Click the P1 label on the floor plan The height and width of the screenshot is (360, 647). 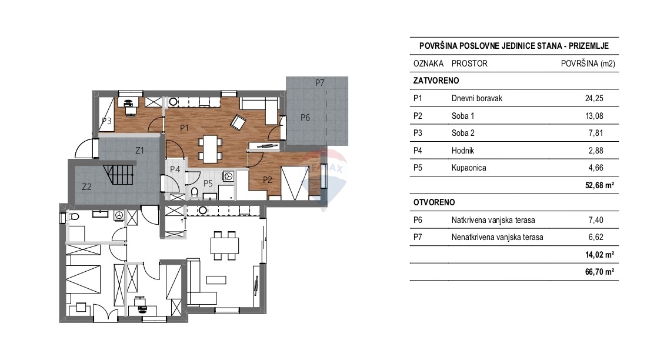184,126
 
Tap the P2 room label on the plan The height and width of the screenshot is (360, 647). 267,180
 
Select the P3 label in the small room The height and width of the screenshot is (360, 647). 106,121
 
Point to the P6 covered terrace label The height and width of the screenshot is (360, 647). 305,118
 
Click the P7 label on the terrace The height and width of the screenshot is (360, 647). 319,82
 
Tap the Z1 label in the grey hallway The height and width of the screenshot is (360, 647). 139,151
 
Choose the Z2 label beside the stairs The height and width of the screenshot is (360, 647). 86,187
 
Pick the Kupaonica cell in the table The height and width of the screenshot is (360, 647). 469,167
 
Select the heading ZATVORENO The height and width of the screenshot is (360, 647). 436,81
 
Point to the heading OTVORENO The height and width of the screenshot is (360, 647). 434,202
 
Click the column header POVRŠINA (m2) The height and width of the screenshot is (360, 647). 588,64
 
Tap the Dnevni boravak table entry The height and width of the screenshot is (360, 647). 476,99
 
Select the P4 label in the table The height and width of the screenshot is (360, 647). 419,150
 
